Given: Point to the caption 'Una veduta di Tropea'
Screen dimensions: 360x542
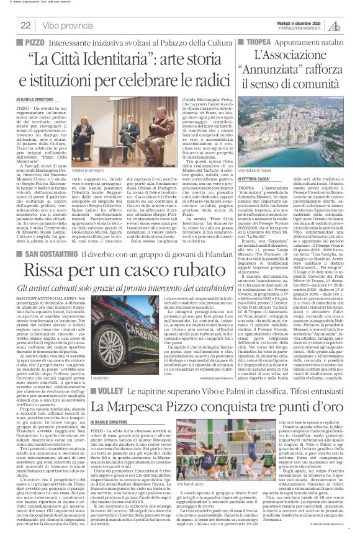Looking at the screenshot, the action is (255, 187).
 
